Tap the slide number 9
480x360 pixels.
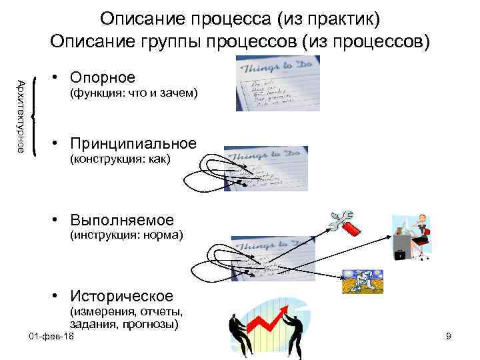click(449, 337)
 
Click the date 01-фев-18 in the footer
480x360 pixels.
click(53, 337)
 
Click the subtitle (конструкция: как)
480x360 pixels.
click(121, 159)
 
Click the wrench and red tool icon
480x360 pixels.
click(345, 223)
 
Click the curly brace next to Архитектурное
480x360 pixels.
click(33, 117)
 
